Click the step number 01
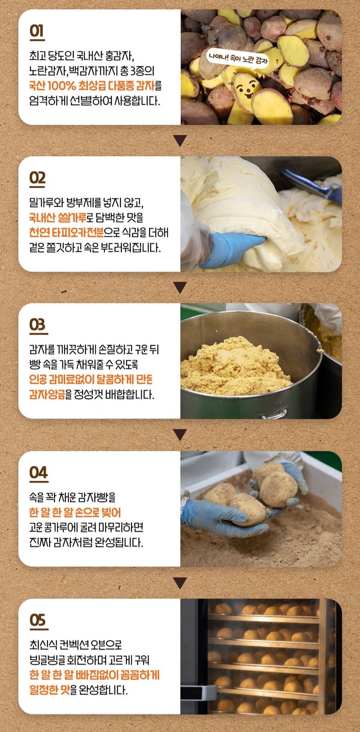(37, 31)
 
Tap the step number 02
(37, 178)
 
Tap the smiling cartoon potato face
(246, 88)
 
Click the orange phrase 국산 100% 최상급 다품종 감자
(92, 86)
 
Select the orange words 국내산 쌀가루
(58, 217)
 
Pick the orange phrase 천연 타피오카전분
(66, 232)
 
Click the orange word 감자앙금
(47, 395)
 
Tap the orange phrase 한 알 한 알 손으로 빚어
(75, 512)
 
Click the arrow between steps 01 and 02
(180, 140)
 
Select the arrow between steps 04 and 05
(180, 582)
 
